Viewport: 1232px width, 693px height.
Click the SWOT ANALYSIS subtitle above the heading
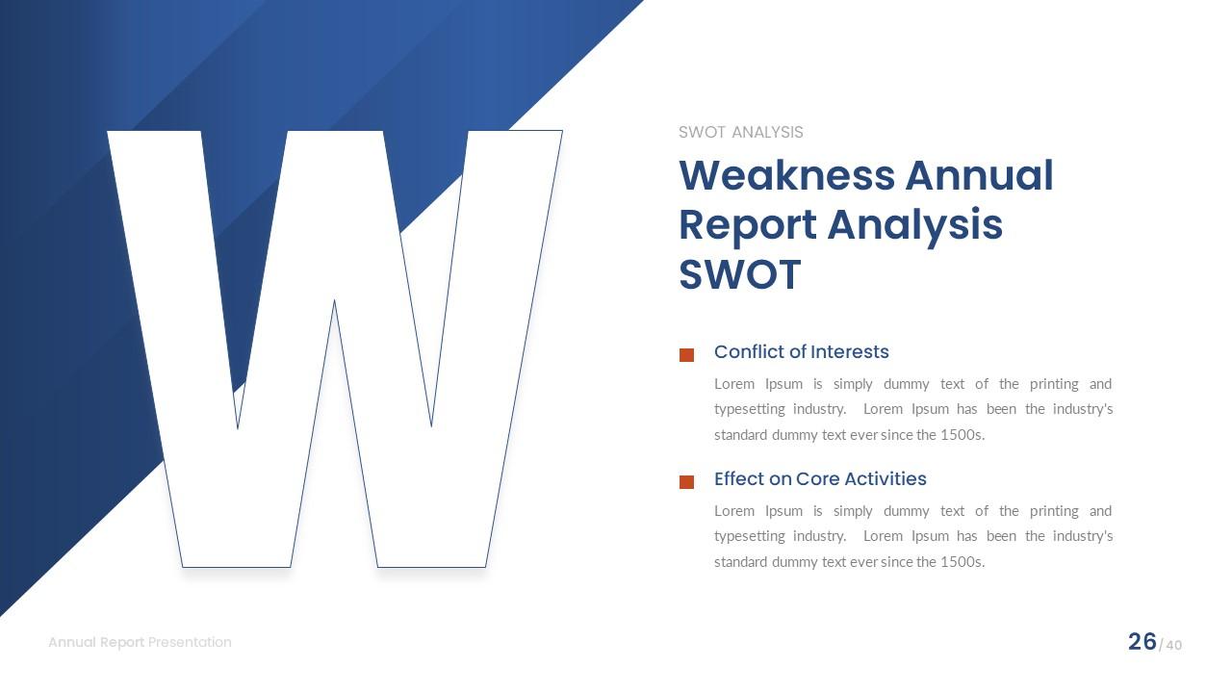click(740, 133)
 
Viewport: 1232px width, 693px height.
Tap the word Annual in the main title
click(979, 176)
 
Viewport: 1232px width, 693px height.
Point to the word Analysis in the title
click(914, 225)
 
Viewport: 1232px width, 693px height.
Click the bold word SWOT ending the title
click(739, 274)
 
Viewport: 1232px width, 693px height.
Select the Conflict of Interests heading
click(801, 352)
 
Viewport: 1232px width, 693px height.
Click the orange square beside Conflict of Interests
click(686, 355)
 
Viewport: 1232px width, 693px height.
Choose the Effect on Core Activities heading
click(820, 479)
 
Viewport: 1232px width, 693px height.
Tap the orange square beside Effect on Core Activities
click(686, 482)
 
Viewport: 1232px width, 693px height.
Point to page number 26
click(1142, 642)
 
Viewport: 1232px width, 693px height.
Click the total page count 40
click(1173, 645)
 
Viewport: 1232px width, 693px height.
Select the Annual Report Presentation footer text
click(140, 642)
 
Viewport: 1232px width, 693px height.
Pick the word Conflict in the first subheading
click(748, 352)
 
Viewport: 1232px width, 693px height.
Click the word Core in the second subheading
click(816, 479)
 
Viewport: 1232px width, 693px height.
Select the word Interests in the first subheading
click(850, 352)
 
